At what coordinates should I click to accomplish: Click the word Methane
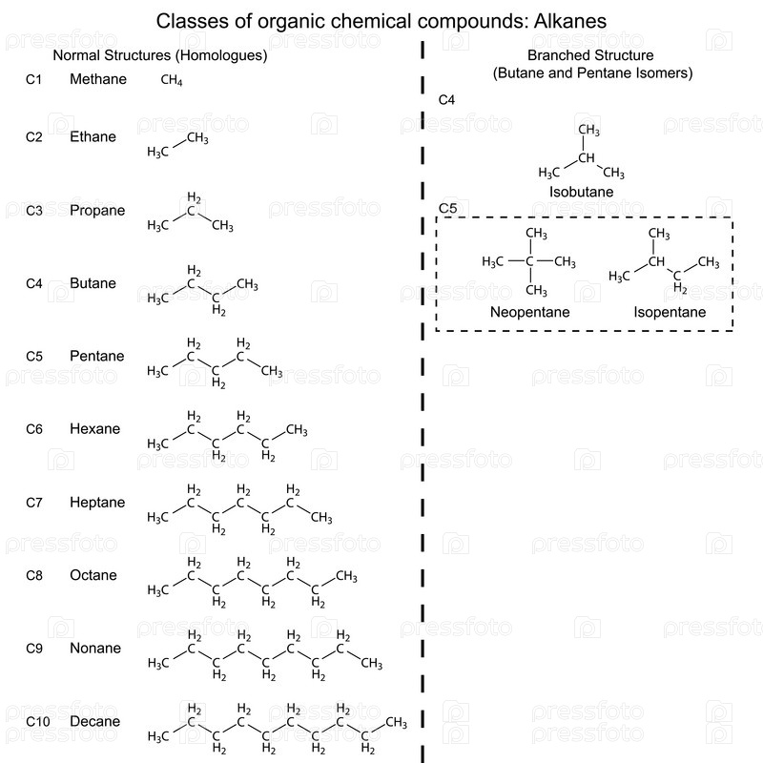point(97,79)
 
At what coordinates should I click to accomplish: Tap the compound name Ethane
point(93,136)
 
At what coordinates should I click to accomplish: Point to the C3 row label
point(34,210)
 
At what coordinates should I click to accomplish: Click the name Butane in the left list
point(93,283)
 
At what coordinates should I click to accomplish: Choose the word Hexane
point(94,429)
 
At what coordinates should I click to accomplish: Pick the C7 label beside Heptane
point(34,503)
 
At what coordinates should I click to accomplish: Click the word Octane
point(93,575)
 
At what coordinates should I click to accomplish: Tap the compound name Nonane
point(94,649)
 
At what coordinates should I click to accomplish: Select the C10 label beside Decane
point(37,722)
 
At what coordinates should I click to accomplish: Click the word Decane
point(94,722)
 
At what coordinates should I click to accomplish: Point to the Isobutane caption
point(581,192)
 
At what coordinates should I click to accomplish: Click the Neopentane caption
point(529,312)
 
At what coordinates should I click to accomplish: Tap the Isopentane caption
point(670,312)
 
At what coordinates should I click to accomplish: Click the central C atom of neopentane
point(530,261)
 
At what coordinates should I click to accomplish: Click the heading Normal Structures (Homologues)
point(159,55)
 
